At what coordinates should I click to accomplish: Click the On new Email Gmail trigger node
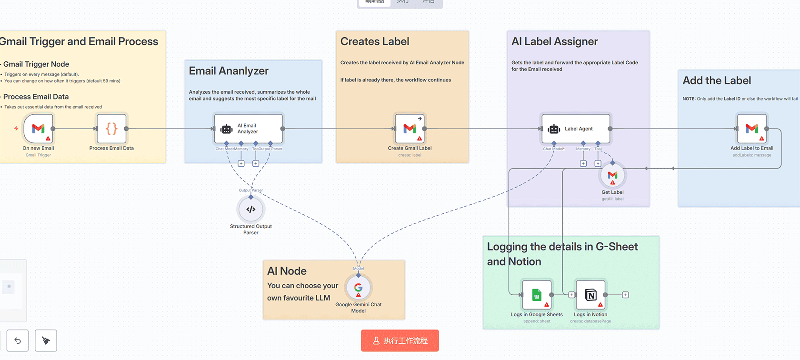point(38,129)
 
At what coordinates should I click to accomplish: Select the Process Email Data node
point(111,129)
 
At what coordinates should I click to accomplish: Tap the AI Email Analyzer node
point(248,129)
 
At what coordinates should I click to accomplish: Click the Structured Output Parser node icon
point(251,210)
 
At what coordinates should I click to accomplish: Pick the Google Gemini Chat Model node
point(359,288)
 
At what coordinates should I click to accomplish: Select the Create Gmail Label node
point(410,129)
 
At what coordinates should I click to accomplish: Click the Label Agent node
point(576,129)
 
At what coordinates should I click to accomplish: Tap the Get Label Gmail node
point(612,176)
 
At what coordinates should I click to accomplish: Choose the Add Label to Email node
point(752,129)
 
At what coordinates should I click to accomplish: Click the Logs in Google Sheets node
point(537,295)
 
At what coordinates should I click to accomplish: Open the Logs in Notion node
point(590,295)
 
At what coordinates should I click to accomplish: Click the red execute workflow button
point(400,341)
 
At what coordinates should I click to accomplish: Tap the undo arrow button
point(18,341)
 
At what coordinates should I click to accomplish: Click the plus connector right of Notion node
point(625,295)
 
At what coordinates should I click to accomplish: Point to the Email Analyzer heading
point(229,71)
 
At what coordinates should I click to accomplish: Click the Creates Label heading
point(375,42)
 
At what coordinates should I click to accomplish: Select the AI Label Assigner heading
point(554,42)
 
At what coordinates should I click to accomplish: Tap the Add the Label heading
point(717,81)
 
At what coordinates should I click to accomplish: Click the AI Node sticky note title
point(287,271)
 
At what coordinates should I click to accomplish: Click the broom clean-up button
point(46,341)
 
